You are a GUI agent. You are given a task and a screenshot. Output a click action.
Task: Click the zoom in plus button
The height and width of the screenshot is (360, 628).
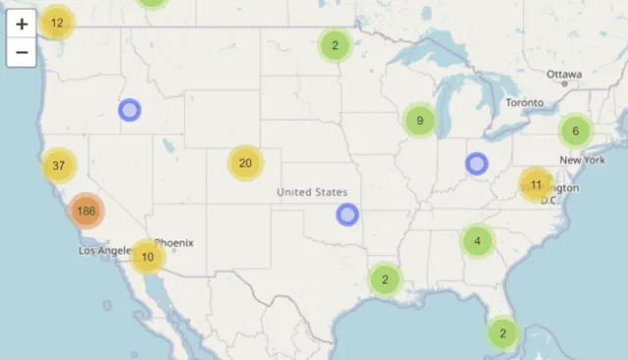tap(22, 24)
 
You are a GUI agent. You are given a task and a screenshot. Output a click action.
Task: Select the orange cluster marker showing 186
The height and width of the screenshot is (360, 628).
tap(86, 210)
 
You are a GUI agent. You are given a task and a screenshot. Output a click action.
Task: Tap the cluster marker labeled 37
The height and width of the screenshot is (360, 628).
tap(59, 165)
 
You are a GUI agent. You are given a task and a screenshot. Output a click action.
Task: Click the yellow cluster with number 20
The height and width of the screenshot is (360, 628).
tap(245, 163)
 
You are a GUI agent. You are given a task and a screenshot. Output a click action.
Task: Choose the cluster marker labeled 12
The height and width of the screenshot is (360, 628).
tap(57, 22)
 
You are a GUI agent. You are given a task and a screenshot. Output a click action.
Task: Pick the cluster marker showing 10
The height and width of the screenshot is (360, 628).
tap(147, 257)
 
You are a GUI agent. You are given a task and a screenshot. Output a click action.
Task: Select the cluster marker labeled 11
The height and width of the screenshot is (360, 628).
tap(536, 183)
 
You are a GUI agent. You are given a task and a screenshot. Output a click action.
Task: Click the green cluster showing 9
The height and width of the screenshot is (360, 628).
tap(420, 121)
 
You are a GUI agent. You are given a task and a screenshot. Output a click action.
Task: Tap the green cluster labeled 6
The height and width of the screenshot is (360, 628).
tap(575, 130)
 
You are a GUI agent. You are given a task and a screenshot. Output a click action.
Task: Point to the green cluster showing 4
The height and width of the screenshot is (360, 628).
tap(478, 240)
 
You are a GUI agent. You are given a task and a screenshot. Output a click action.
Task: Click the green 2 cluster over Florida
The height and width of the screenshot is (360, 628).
tap(502, 333)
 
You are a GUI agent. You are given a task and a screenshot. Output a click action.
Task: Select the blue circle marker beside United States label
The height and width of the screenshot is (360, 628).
tap(347, 215)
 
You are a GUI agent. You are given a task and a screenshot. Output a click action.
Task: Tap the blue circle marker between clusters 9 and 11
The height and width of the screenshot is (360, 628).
tap(477, 164)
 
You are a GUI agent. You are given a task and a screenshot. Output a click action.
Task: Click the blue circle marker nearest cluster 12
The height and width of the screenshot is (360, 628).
tap(130, 110)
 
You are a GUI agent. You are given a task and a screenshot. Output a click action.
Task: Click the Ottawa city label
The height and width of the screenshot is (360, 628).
tap(564, 75)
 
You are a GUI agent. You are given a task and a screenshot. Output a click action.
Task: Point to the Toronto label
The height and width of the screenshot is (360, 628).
tap(524, 103)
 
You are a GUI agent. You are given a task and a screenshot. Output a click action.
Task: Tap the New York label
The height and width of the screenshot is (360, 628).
tap(582, 160)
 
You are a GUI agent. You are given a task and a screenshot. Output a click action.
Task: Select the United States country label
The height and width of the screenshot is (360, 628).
tap(312, 192)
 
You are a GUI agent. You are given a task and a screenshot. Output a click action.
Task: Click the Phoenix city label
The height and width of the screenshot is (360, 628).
tap(174, 242)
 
